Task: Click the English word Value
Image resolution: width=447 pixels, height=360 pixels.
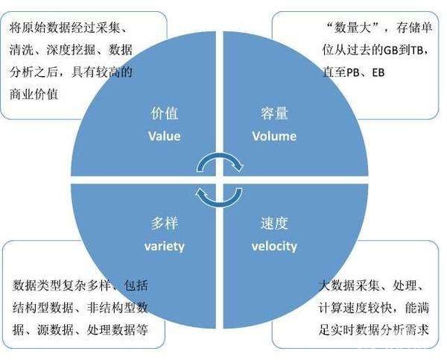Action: [x=165, y=136]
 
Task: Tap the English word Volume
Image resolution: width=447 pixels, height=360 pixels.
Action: [x=274, y=136]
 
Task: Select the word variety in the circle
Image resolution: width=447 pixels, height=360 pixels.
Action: [x=165, y=246]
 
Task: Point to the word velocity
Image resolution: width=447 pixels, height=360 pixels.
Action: [x=274, y=246]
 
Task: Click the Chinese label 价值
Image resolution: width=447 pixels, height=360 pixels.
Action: [x=165, y=113]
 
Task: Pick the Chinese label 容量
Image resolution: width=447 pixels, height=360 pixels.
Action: [x=274, y=113]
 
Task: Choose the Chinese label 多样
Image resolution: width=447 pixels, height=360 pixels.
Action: [x=165, y=224]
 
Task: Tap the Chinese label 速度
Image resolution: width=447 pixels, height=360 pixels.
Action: [x=274, y=224]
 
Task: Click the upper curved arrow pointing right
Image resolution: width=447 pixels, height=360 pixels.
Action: [x=220, y=156]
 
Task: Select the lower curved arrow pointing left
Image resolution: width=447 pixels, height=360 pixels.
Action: [x=220, y=203]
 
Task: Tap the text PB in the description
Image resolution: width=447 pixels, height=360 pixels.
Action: [x=353, y=72]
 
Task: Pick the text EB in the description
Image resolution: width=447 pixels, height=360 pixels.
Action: [x=378, y=72]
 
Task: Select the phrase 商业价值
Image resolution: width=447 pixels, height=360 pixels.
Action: [x=34, y=94]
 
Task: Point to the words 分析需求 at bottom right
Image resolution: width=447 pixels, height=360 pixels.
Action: [x=405, y=330]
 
